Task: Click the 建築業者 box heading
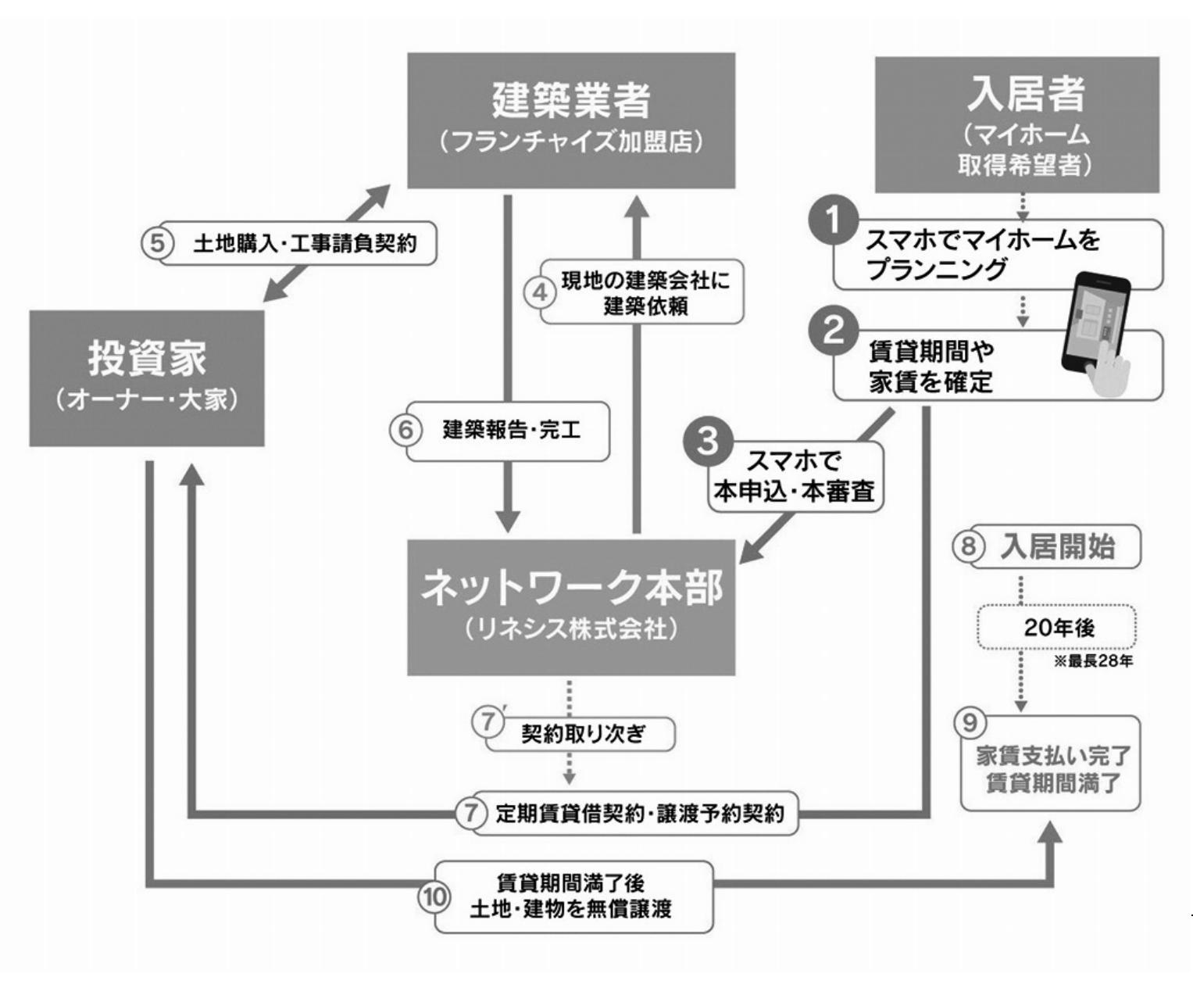click(x=571, y=100)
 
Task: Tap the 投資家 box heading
click(x=147, y=359)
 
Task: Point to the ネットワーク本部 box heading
click(x=571, y=588)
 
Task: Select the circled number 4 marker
click(x=540, y=293)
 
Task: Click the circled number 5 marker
click(x=158, y=243)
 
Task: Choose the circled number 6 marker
click(x=405, y=430)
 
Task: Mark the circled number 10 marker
click(x=434, y=897)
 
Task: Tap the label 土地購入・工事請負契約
click(x=305, y=244)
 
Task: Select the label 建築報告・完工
click(x=512, y=431)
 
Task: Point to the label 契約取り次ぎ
click(x=584, y=734)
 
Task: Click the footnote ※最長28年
click(x=1093, y=662)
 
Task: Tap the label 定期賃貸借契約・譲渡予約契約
click(x=639, y=814)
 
